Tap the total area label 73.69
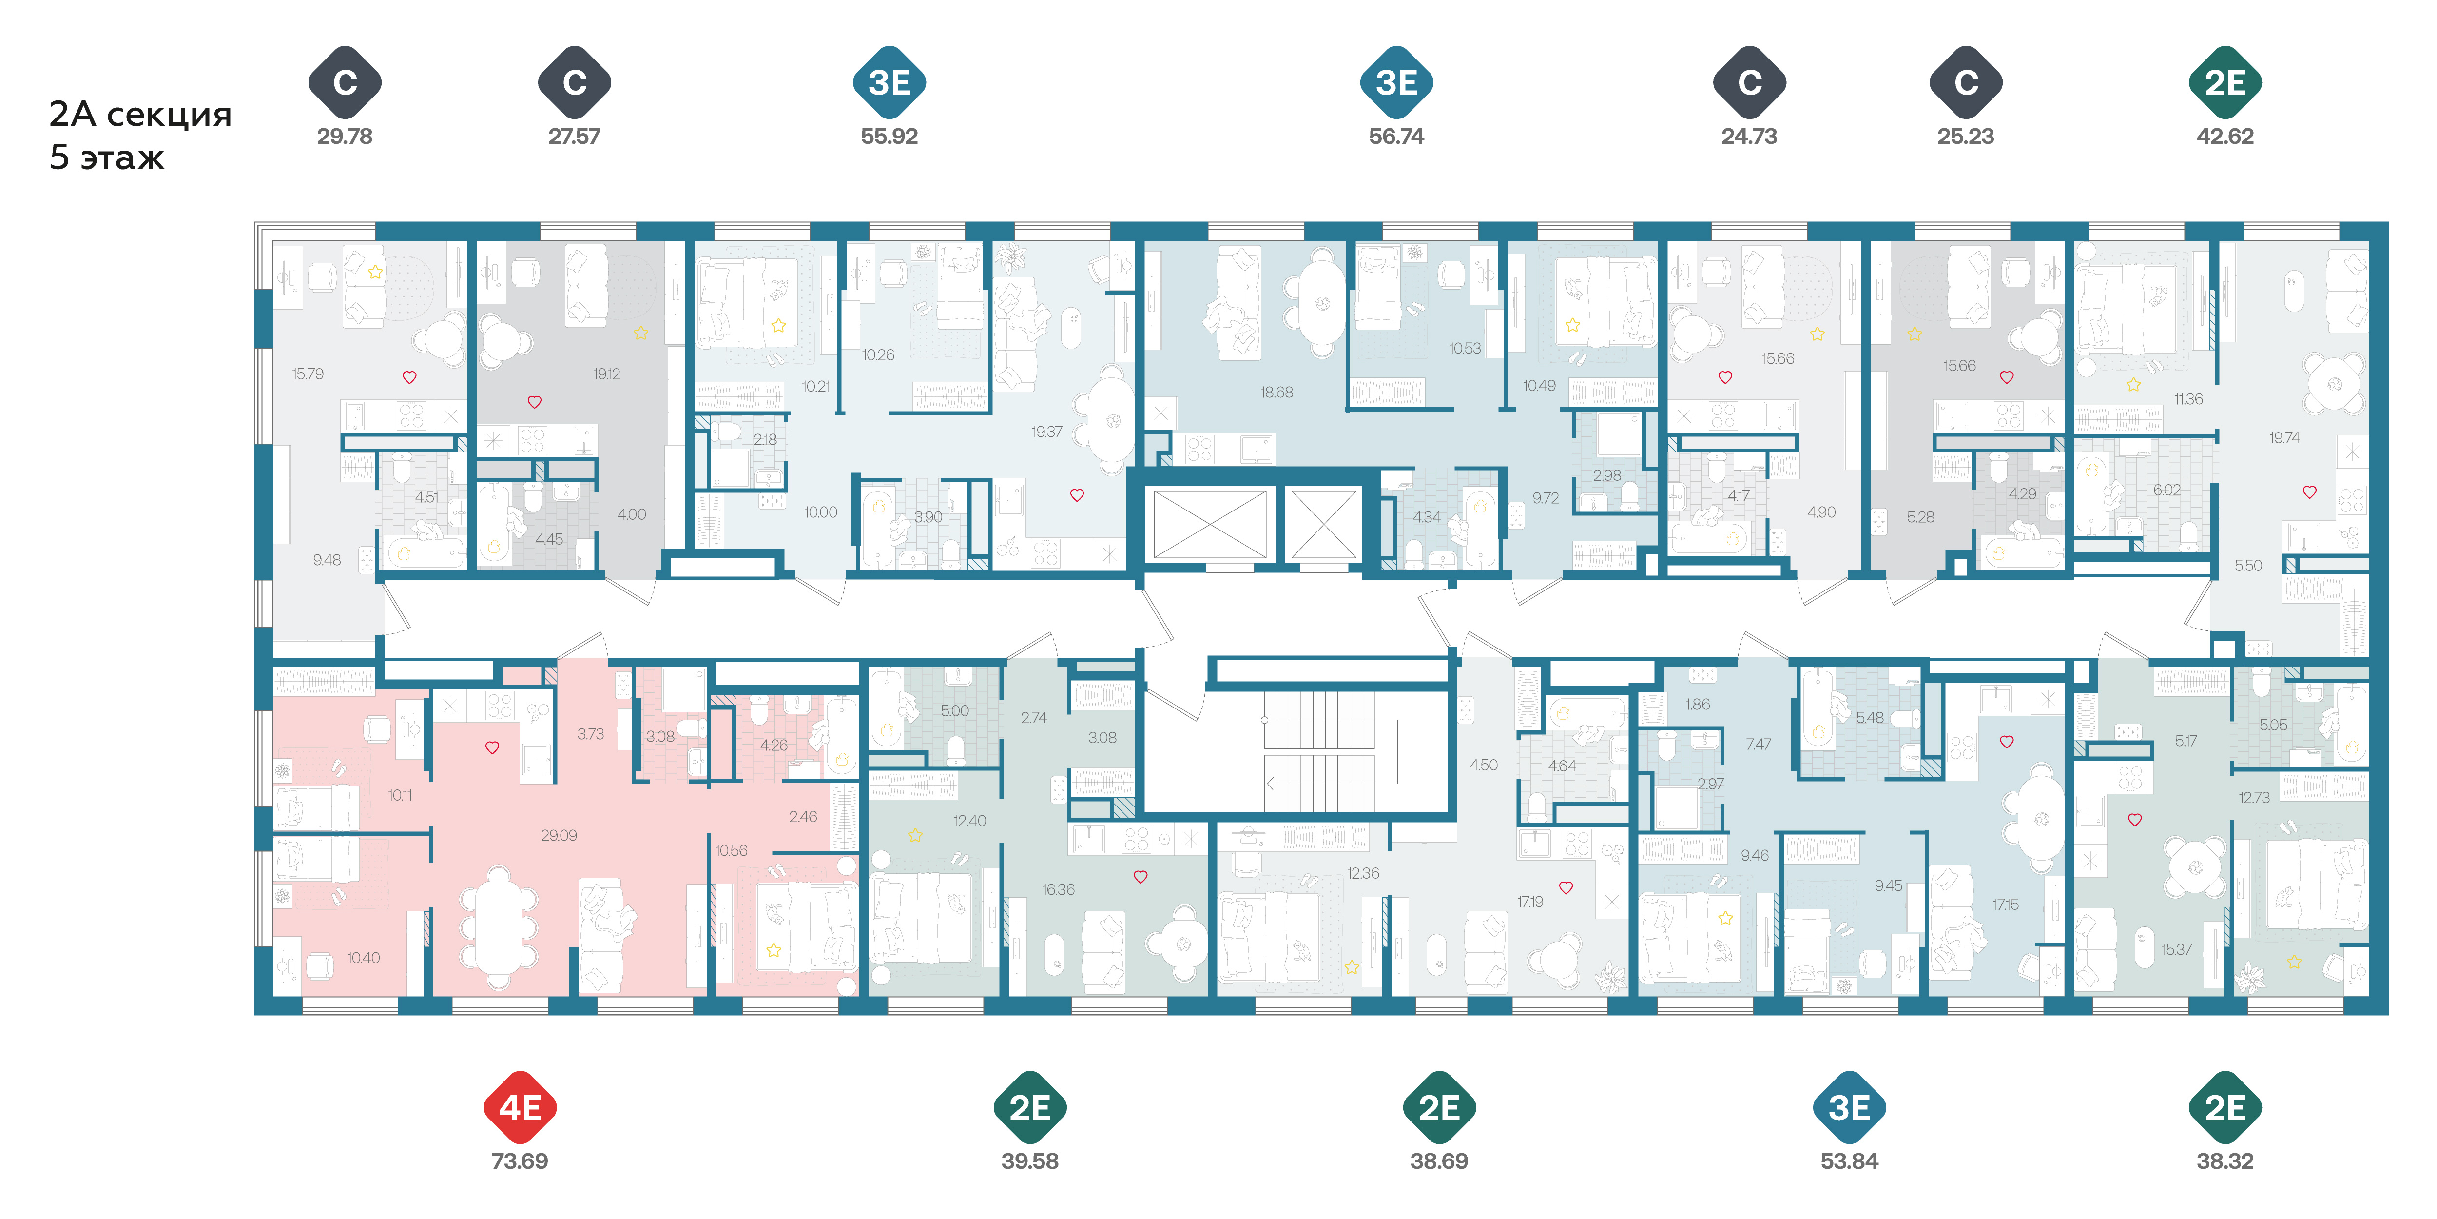pos(520,1161)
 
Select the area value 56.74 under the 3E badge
pos(1396,137)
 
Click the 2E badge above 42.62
pos(2225,82)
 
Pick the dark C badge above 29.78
pos(345,82)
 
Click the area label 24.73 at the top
pos(1749,137)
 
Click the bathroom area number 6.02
pos(2166,490)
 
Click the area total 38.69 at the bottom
pos(1439,1161)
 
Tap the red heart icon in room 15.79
pos(409,377)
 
